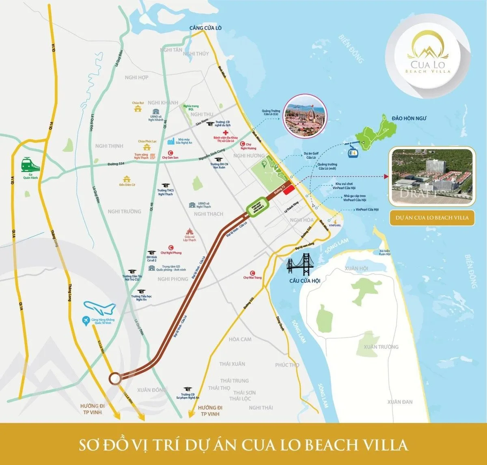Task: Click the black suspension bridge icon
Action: point(304,265)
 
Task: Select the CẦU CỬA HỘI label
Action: point(304,281)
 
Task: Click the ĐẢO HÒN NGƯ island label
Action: point(409,118)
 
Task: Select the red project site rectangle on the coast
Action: point(289,191)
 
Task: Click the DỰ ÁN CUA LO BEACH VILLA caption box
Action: point(432,217)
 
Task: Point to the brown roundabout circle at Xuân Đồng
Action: point(115,378)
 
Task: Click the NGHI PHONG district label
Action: point(173,279)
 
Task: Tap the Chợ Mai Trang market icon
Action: point(252,273)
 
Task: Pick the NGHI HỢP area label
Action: point(136,77)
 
